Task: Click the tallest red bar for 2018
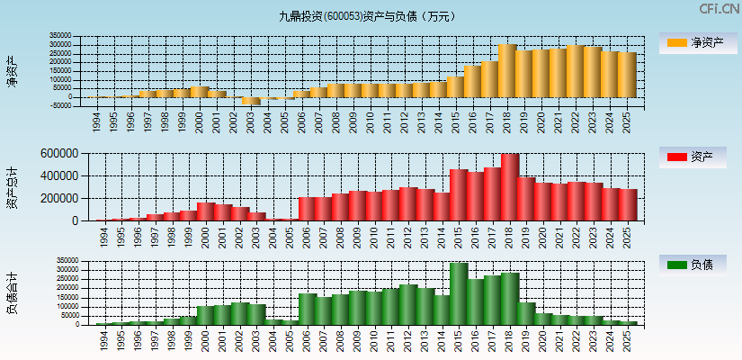tap(510, 187)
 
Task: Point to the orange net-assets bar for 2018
tap(506, 70)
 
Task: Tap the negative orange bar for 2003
tap(251, 101)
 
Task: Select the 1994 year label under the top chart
tap(97, 121)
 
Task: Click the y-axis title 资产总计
tap(13, 187)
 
